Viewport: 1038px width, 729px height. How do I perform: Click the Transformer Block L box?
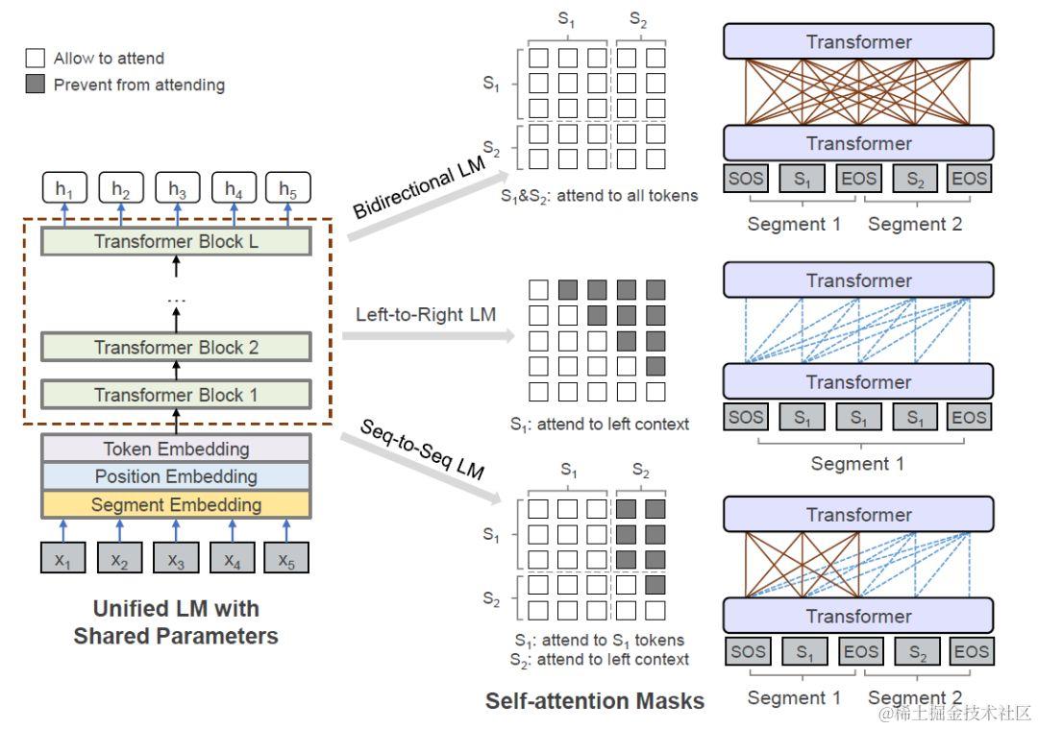176,241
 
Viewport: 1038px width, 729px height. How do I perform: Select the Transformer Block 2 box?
176,348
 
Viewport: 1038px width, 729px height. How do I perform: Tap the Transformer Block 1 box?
176,395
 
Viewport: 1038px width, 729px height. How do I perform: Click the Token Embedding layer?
176,449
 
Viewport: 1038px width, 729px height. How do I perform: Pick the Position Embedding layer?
176,476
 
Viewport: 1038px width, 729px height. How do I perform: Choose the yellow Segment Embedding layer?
176,505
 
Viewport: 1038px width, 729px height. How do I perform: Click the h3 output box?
177,188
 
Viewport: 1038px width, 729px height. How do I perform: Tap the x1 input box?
62,558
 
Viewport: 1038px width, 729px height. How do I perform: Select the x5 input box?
286,558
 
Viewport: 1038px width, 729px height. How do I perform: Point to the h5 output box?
288,188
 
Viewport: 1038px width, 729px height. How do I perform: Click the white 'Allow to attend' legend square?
36,59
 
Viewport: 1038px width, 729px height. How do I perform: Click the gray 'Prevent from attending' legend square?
36,84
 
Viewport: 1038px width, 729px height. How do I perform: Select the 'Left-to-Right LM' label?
426,314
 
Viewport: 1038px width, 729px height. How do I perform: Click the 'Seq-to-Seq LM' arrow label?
422,450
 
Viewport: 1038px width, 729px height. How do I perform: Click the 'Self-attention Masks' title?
595,700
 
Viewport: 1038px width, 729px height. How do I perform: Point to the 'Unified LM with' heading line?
176,608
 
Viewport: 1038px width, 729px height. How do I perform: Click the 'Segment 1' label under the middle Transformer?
857,463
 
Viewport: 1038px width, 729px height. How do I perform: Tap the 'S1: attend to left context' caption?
600,424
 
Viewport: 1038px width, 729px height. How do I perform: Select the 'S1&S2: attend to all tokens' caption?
599,196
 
